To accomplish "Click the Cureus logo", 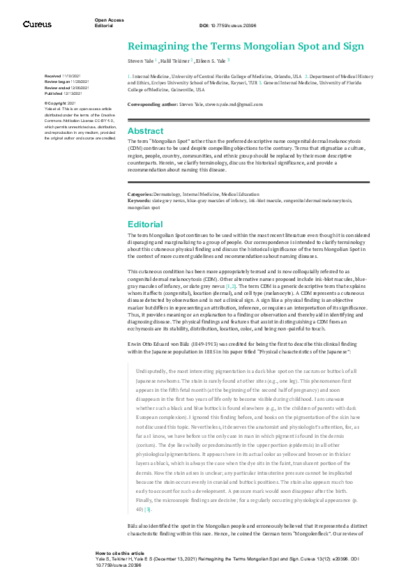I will tap(37, 24).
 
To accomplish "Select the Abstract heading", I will tap(145, 130).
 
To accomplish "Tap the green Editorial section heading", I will tap(144, 224).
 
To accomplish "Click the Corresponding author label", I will tap(152, 104).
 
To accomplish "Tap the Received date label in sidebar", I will tap(53, 75).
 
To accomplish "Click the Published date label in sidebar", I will tap(54, 92).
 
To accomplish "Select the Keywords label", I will tap(140, 200).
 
